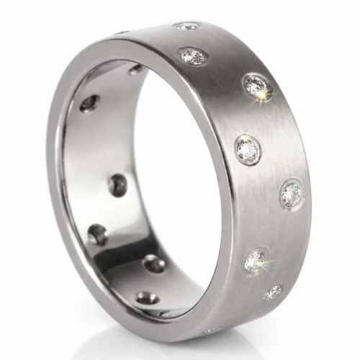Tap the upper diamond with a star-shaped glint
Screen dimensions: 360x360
(x=256, y=86)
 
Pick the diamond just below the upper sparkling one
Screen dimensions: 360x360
(x=248, y=150)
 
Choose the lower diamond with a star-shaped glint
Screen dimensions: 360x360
(x=256, y=261)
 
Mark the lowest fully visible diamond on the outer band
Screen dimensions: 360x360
(x=272, y=292)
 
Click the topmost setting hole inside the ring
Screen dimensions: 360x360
(x=135, y=69)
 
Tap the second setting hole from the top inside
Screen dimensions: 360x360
(x=89, y=104)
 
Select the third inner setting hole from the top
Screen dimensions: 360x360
(x=117, y=186)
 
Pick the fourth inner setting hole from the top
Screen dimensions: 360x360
(x=96, y=233)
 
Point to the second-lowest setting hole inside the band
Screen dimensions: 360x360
(x=153, y=264)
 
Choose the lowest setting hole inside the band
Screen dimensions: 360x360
(x=147, y=297)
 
